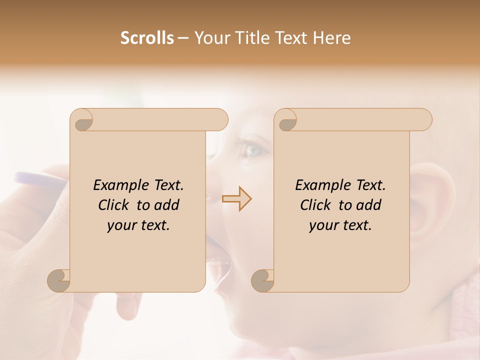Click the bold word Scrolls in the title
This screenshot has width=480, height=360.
(147, 38)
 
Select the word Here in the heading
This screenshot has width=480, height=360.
(332, 38)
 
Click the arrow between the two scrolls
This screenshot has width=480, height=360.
(236, 198)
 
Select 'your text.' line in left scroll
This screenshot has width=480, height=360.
(138, 225)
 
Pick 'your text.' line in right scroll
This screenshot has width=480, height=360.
(340, 225)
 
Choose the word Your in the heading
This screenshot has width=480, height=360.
(210, 38)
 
